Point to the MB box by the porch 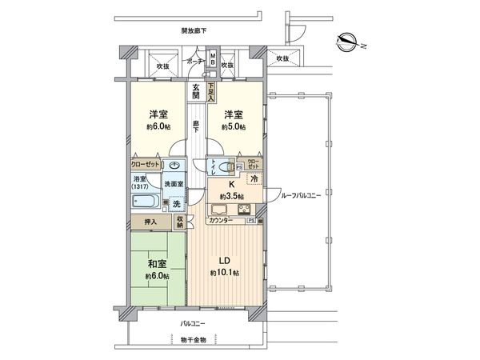coord(212,58)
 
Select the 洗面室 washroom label coord(174,185)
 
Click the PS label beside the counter coord(250,219)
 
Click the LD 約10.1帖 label coord(226,265)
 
